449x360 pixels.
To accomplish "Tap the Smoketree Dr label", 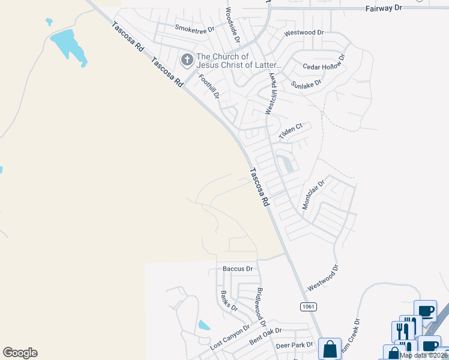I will point(194,28).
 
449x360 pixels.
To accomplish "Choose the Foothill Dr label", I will point(210,86).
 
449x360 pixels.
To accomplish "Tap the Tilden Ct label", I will point(293,131).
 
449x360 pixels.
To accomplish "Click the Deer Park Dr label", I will point(294,345).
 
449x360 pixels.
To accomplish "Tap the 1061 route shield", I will point(308,307).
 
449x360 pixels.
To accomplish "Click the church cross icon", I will point(187,61).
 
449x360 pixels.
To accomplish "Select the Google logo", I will point(20,353).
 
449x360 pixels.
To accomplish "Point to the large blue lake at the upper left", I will point(68,46).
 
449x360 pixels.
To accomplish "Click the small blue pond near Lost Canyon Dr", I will point(204,325).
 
